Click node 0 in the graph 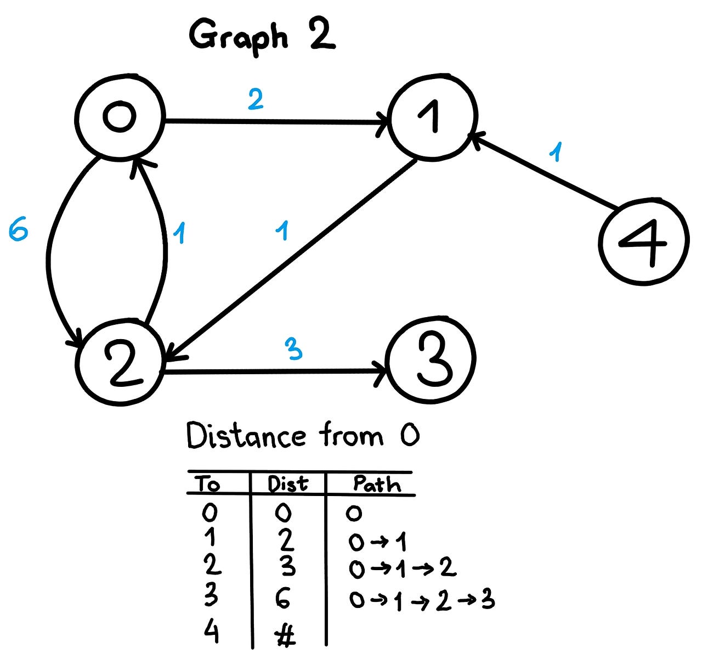tap(120, 116)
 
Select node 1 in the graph tap(433, 117)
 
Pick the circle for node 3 tap(431, 359)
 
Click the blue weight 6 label tap(18, 231)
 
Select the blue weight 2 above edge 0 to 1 tap(256, 99)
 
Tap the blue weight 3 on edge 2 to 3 tap(294, 348)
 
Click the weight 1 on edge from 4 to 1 tap(557, 152)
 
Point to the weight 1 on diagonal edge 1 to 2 tap(282, 231)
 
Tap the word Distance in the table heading tap(246, 437)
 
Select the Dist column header tap(288, 484)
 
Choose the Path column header tap(377, 484)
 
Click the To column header tap(208, 484)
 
